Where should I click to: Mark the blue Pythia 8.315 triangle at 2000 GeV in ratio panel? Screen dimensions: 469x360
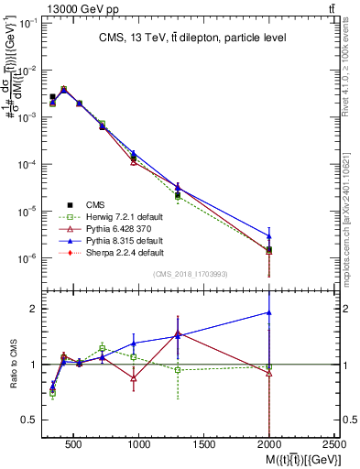(268, 312)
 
